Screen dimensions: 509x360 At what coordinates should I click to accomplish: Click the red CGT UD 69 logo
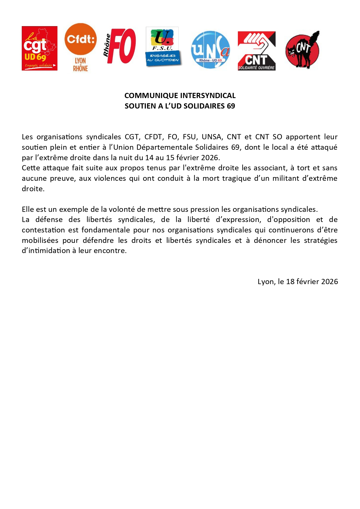pyautogui.click(x=39, y=48)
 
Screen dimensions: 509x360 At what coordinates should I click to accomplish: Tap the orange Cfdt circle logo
pyautogui.click(x=80, y=39)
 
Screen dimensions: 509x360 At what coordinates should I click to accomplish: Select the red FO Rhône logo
pyautogui.click(x=120, y=46)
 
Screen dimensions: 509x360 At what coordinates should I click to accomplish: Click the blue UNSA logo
pyautogui.click(x=210, y=50)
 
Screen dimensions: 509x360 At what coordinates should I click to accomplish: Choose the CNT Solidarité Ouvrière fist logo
pyautogui.click(x=256, y=51)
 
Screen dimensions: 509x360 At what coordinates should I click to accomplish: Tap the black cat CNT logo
pyautogui.click(x=303, y=50)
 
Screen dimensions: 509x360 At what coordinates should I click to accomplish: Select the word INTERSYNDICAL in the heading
pyautogui.click(x=208, y=95)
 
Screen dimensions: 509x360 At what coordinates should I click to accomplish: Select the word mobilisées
pyautogui.click(x=40, y=240)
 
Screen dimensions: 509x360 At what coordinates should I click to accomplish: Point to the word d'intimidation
pyautogui.click(x=46, y=250)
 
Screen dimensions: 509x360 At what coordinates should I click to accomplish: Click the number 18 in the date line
pyautogui.click(x=290, y=281)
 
